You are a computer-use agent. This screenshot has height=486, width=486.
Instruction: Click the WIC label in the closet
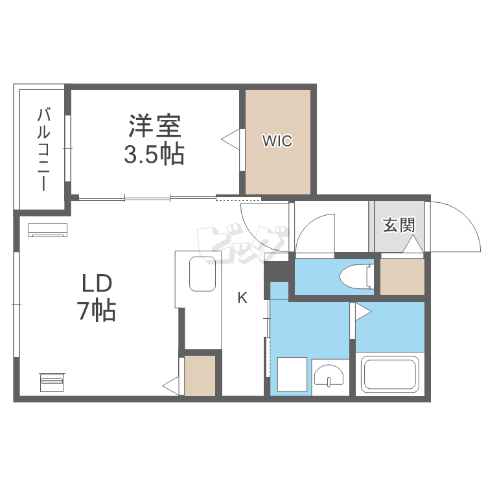point(277,141)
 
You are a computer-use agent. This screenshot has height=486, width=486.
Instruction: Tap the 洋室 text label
point(154,126)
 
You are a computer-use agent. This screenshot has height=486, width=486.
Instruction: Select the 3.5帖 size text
point(154,155)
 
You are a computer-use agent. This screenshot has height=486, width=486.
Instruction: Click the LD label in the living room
point(97,283)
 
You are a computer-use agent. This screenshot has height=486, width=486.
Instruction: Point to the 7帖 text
point(97,311)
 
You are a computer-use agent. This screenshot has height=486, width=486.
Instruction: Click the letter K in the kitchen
point(242,298)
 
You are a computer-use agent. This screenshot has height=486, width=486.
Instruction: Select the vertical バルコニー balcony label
point(43,149)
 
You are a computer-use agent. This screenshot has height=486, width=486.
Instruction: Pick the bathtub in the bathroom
point(389,375)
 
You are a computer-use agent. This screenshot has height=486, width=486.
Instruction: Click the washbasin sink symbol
point(330,376)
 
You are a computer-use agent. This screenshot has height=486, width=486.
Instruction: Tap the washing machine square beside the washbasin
point(291,375)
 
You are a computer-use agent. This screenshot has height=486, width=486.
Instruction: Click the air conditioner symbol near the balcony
point(47,229)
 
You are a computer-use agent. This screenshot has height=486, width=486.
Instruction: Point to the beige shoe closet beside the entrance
point(402,276)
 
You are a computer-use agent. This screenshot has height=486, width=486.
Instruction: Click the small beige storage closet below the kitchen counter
point(200,376)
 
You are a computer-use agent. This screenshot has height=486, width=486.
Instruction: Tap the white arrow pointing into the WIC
point(231,138)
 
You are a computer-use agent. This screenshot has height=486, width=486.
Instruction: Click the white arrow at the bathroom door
point(362,312)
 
